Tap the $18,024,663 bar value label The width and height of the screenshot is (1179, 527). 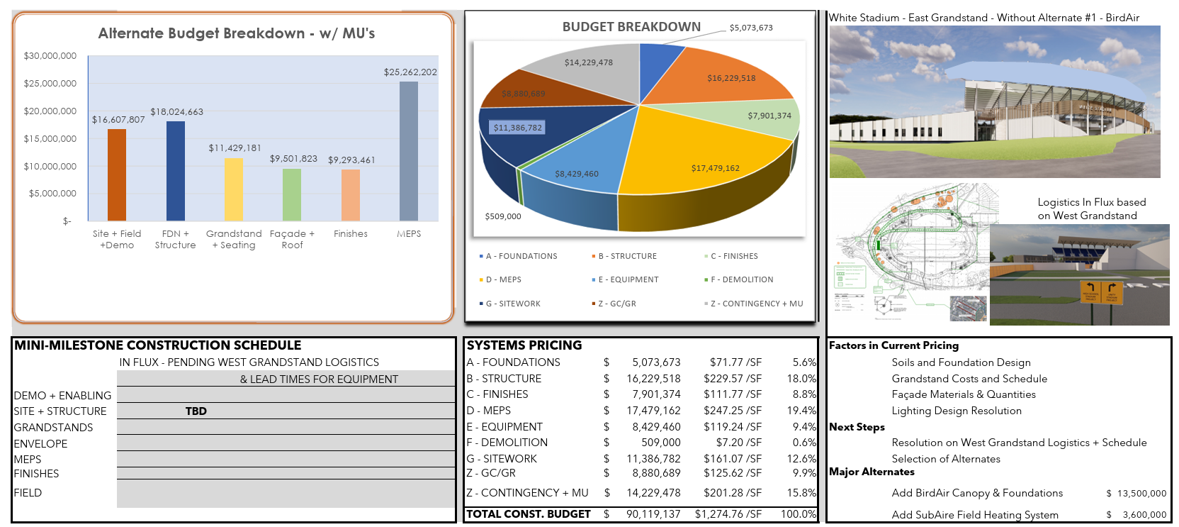click(176, 112)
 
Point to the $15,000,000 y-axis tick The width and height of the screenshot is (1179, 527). click(50, 139)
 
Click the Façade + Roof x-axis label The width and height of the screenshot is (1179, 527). click(292, 239)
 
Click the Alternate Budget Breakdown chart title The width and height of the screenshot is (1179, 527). click(237, 33)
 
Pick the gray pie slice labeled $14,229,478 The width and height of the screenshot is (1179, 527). click(588, 71)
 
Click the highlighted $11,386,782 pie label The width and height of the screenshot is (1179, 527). click(517, 128)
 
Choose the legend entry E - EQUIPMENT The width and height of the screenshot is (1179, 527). click(628, 279)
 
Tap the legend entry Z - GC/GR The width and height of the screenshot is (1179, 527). click(616, 304)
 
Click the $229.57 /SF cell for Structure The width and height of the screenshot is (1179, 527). click(732, 379)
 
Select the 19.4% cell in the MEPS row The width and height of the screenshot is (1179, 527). click(803, 411)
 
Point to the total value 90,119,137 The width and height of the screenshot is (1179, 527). click(653, 514)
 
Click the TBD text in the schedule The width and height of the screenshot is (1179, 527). click(196, 411)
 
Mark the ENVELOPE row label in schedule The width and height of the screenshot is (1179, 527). click(41, 444)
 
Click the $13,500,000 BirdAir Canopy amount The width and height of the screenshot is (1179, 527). click(1141, 494)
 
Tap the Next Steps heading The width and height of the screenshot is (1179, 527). click(857, 427)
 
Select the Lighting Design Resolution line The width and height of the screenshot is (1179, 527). click(956, 411)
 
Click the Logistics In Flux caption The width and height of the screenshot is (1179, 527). click(1091, 209)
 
